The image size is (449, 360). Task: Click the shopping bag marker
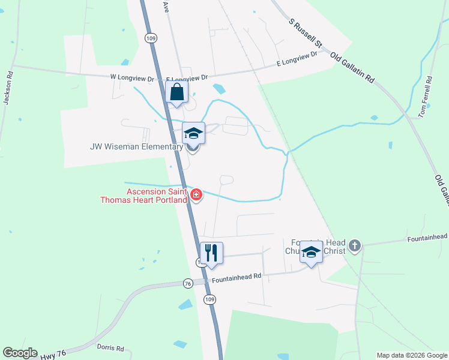(176, 93)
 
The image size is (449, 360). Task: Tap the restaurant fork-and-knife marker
(211, 253)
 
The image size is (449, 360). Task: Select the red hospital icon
(196, 194)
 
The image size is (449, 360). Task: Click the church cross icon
(355, 245)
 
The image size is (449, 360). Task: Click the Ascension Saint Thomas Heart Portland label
(156, 196)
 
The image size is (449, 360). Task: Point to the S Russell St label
(306, 34)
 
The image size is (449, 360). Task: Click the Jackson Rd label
(8, 89)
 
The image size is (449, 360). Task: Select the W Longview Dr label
(133, 77)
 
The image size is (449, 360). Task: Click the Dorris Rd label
(110, 347)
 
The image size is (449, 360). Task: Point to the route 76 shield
(188, 283)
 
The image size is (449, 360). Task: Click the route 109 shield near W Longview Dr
(150, 37)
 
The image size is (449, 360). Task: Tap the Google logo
(20, 353)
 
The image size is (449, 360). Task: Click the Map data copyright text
(411, 355)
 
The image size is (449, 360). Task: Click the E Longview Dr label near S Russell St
(297, 58)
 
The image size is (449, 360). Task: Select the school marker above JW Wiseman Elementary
(194, 133)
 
